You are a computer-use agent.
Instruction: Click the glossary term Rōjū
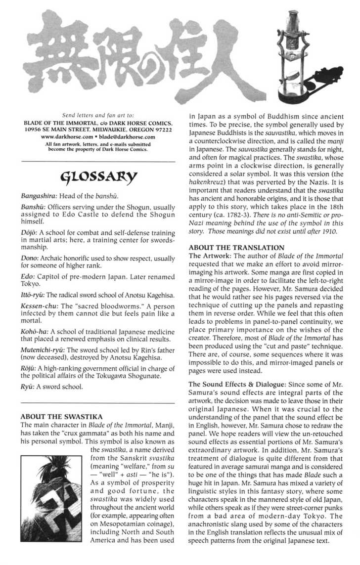(28, 368)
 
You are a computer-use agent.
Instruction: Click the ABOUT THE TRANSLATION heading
(237, 247)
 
